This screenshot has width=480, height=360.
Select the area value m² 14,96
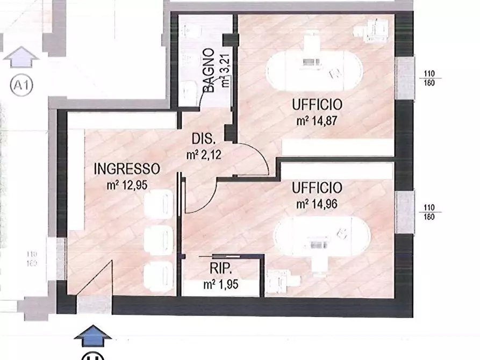317,204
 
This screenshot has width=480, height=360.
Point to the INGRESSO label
127,169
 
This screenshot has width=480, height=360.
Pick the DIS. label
204,139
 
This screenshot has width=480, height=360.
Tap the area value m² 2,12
205,155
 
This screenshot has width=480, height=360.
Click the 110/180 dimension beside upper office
428,78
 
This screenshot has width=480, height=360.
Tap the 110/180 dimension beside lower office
428,212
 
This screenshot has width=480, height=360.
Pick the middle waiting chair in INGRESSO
159,236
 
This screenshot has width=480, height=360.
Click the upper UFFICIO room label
317,104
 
